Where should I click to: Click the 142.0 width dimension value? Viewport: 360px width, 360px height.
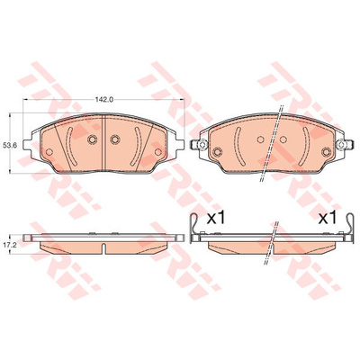pyautogui.click(x=104, y=100)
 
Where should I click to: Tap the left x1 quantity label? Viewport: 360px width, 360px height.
pyautogui.click(x=216, y=219)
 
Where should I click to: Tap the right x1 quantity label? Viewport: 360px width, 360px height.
pyautogui.click(x=328, y=219)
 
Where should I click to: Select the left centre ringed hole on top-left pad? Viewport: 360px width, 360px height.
pyautogui.click(x=92, y=139)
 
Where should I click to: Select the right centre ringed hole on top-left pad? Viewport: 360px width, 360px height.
pyautogui.click(x=115, y=139)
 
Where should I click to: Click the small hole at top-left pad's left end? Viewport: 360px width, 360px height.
pyautogui.click(x=49, y=152)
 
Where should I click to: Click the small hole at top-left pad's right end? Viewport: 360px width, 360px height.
pyautogui.click(x=157, y=152)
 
